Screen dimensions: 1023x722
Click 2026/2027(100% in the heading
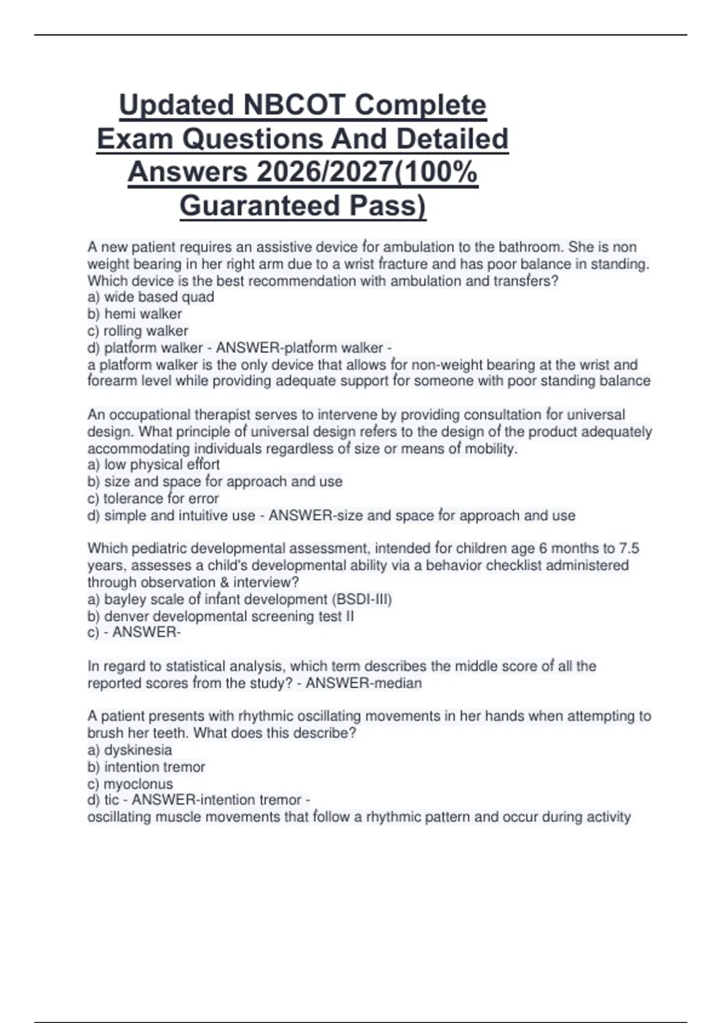(x=367, y=172)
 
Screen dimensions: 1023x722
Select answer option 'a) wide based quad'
(x=150, y=297)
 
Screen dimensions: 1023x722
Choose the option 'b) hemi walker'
(x=134, y=314)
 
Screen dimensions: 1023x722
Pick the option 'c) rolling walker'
(x=138, y=330)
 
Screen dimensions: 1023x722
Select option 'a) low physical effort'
(x=153, y=465)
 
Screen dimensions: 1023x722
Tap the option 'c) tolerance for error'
(x=153, y=498)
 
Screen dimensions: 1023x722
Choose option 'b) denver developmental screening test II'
(x=221, y=616)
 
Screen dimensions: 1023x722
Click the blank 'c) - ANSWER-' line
(x=134, y=632)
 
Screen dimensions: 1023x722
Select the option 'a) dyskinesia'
(x=129, y=750)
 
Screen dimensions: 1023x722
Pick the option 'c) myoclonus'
(x=130, y=783)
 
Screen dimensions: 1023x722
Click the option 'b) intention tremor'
(x=146, y=767)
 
